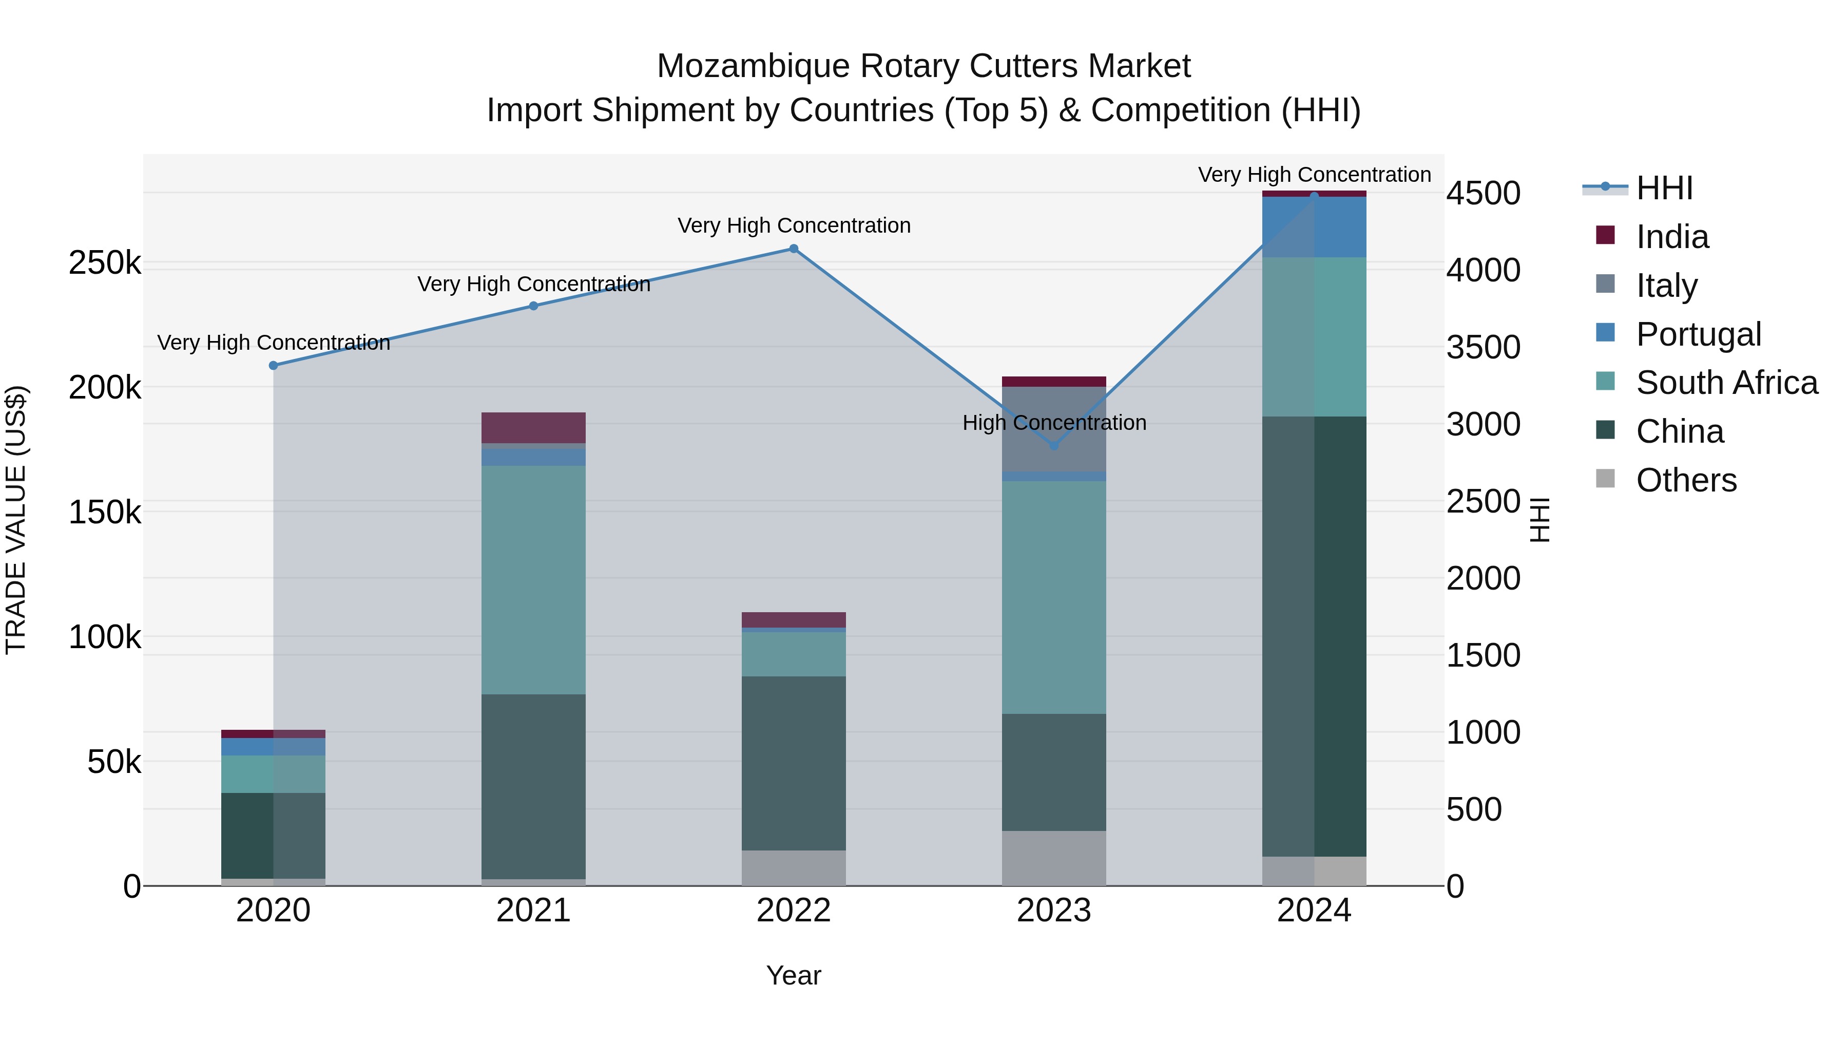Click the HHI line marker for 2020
pos(273,365)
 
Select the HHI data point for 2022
pos(794,249)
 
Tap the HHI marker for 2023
pos(1054,446)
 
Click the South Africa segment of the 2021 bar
pos(533,579)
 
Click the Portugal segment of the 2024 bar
pos(1314,227)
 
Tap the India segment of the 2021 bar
pos(533,428)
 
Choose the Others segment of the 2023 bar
pos(1054,858)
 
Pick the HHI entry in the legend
pos(1664,188)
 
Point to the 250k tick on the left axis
pos(105,263)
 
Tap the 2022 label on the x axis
pos(794,911)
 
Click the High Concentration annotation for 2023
pos(1054,423)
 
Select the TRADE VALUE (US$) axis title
pos(16,520)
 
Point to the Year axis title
pos(794,975)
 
